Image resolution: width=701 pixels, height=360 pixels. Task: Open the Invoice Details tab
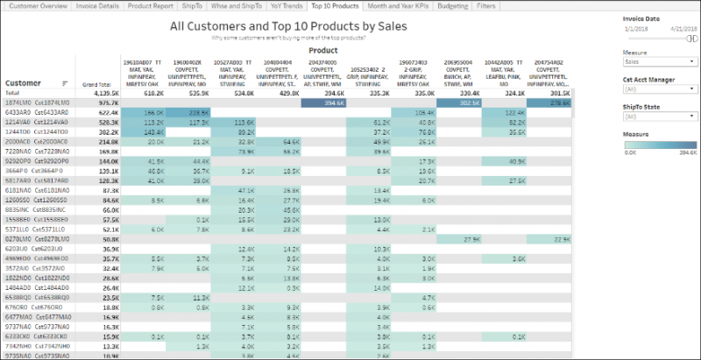coord(97,6)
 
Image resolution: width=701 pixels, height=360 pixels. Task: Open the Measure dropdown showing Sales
coord(659,63)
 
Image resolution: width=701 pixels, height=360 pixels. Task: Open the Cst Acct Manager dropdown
coord(659,88)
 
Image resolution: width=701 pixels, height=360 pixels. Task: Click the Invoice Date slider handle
coord(692,38)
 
